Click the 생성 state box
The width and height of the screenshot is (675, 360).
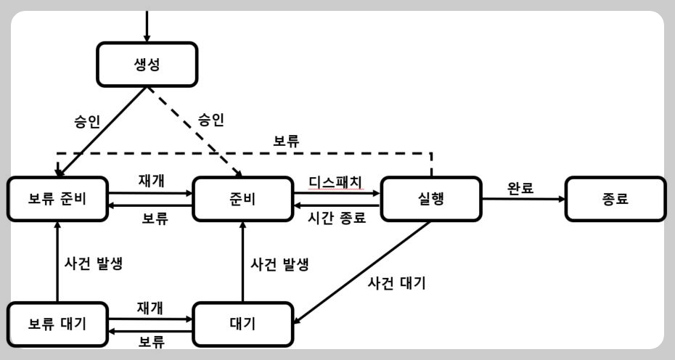point(147,65)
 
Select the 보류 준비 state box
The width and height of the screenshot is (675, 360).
point(57,199)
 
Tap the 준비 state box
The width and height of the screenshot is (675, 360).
point(243,199)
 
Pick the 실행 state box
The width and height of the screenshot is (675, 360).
point(431,199)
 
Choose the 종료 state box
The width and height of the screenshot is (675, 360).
point(615,199)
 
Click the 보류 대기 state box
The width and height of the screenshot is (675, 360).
point(57,324)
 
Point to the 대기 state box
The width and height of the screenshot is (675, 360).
point(243,324)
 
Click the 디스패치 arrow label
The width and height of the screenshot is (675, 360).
point(335,181)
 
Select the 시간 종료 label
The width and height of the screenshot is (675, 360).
point(337,218)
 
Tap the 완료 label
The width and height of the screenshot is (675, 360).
point(520,188)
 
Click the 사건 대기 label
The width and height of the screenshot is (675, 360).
point(396,283)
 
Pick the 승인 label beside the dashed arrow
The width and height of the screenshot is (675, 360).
point(211,119)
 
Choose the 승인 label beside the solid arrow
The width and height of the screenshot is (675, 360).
point(87,121)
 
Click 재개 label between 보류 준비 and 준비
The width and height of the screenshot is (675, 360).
point(151,181)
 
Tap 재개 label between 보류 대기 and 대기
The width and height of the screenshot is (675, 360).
point(150,308)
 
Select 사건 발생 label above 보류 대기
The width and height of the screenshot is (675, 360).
point(94,263)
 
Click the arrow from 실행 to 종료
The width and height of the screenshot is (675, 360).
point(523,199)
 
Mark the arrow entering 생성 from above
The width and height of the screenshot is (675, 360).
point(147,26)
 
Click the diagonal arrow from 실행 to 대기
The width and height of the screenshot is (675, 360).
point(362,273)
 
